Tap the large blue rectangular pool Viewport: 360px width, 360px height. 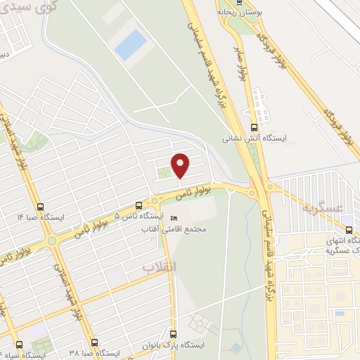(130, 44)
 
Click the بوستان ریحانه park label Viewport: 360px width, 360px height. (235, 12)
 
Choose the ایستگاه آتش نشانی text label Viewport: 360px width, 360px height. (247, 139)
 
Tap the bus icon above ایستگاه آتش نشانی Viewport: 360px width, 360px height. (247, 128)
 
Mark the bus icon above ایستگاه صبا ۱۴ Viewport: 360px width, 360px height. (39, 207)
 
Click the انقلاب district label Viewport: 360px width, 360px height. (158, 267)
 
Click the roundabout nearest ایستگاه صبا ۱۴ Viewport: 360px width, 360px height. (51, 240)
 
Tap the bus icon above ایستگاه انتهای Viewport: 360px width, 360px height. (349, 230)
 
